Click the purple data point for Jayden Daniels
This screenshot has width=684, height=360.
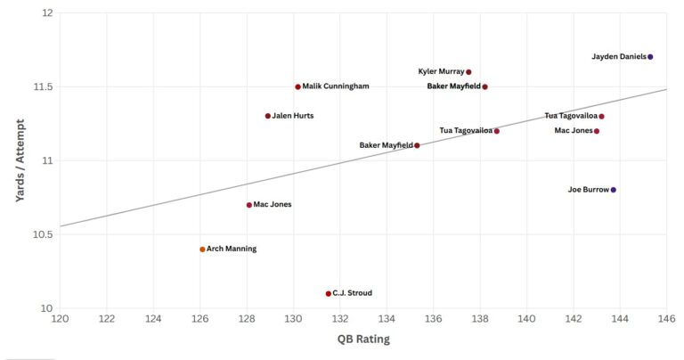650,57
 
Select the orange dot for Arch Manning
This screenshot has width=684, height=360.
202,250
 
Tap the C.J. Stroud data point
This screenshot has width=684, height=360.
329,293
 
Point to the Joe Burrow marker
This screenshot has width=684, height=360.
614,190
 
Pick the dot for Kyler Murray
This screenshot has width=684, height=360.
468,72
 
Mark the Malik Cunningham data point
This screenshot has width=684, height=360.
297,86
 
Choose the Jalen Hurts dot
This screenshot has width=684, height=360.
267,116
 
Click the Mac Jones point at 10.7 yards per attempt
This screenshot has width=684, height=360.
249,205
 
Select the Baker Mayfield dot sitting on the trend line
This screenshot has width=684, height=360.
417,145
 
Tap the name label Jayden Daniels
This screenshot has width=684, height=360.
618,57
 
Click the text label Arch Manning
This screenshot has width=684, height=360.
232,250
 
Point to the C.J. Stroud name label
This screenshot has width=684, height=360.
352,293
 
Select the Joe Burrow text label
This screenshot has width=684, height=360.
588,190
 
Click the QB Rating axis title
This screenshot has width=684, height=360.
363,340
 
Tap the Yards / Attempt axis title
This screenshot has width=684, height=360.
20,161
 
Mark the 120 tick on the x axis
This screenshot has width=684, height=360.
61,319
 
